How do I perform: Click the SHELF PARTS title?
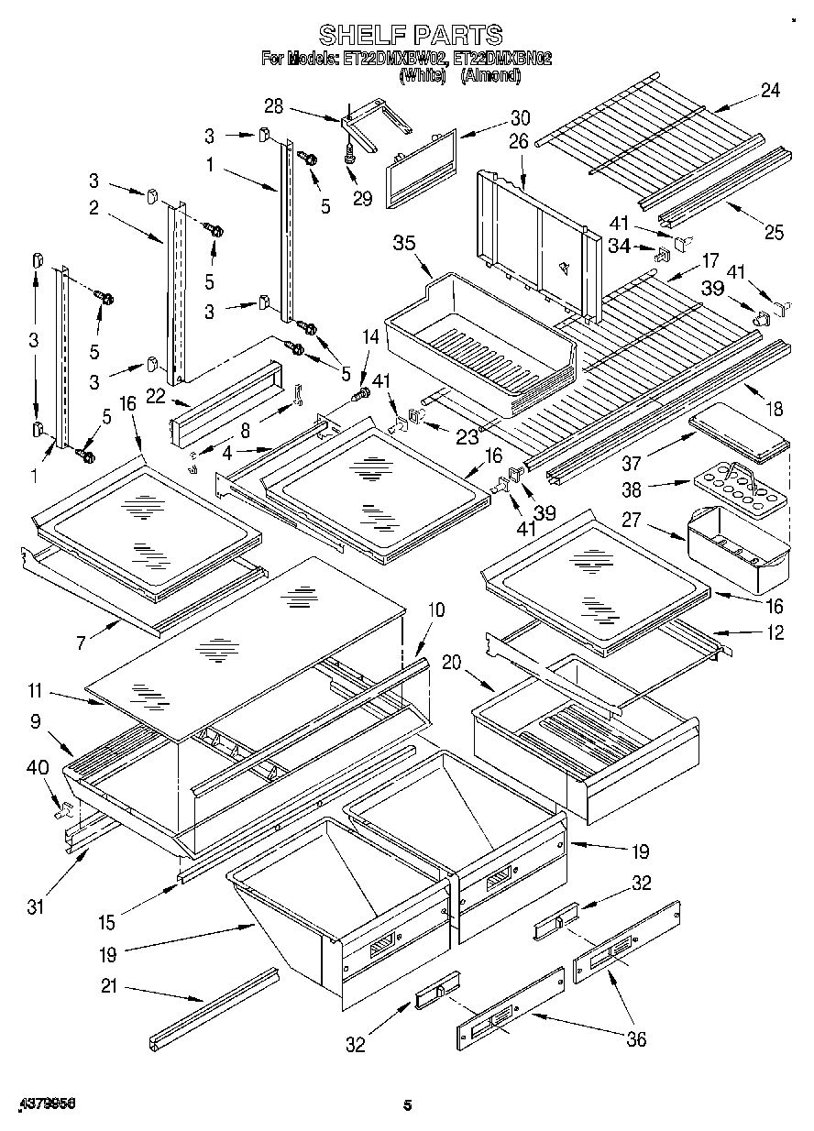[410, 35]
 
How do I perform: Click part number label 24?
[769, 90]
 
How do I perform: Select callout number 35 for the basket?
[404, 243]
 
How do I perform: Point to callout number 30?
[520, 118]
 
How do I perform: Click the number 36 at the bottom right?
[634, 1038]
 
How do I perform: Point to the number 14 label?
[370, 338]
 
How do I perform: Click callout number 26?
[519, 143]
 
